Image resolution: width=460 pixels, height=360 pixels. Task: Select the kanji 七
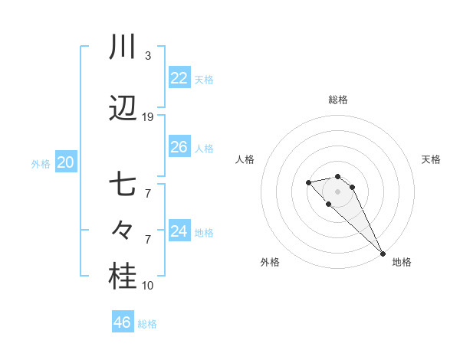pyautogui.click(x=123, y=185)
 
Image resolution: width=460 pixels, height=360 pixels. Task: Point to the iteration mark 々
pyautogui.click(x=123, y=231)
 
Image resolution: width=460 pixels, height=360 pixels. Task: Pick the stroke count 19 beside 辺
pyautogui.click(x=148, y=117)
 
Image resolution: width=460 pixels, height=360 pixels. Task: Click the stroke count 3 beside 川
pyautogui.click(x=148, y=56)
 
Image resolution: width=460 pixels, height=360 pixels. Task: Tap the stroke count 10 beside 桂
pyautogui.click(x=148, y=286)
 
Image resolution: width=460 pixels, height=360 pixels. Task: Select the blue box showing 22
pyautogui.click(x=179, y=78)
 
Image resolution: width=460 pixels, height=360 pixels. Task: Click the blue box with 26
pyautogui.click(x=179, y=147)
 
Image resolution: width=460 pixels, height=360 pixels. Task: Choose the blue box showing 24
pyautogui.click(x=179, y=231)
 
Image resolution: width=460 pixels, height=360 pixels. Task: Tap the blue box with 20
pyautogui.click(x=65, y=162)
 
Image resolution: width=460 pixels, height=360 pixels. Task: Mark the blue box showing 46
pyautogui.click(x=123, y=322)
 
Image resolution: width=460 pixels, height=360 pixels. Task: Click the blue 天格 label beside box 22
pyautogui.click(x=204, y=80)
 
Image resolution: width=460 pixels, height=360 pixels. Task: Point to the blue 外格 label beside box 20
pyautogui.click(x=41, y=164)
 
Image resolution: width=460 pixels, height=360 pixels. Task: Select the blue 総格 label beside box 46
pyautogui.click(x=147, y=324)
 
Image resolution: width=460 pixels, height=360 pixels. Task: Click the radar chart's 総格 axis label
pyautogui.click(x=337, y=100)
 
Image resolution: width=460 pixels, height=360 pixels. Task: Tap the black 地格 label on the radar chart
pyautogui.click(x=402, y=262)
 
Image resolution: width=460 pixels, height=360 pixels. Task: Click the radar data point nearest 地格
pyautogui.click(x=383, y=253)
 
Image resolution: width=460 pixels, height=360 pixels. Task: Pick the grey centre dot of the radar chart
pyautogui.click(x=337, y=191)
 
